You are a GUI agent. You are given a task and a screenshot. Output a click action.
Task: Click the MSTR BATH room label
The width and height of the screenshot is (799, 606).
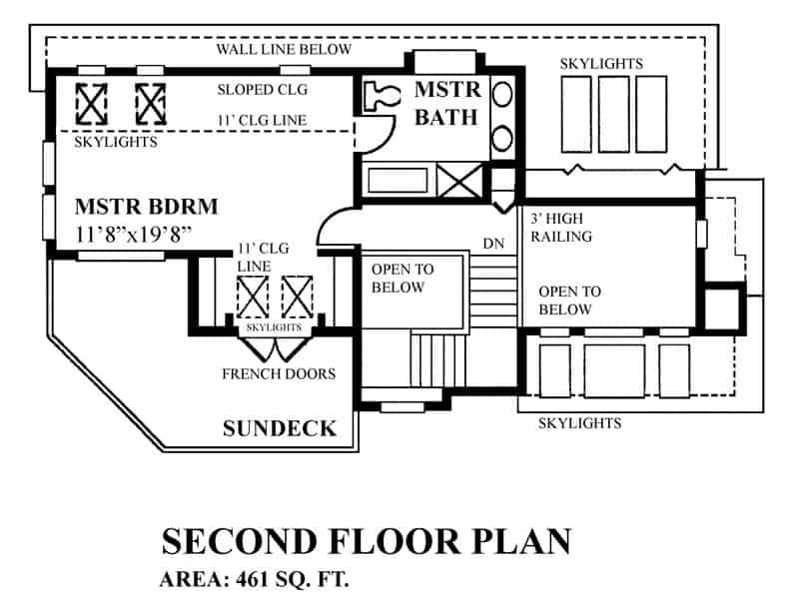point(447,104)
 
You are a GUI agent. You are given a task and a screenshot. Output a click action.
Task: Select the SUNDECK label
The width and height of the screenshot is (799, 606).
point(279,429)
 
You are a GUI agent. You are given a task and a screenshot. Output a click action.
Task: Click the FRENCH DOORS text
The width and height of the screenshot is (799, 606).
point(278,374)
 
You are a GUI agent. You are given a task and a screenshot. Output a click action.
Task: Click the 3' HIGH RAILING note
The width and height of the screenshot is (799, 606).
point(557,228)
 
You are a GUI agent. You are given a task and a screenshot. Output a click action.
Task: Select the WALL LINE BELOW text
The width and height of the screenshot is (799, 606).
point(284,49)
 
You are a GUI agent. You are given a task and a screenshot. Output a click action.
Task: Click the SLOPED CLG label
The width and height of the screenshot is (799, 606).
point(262,89)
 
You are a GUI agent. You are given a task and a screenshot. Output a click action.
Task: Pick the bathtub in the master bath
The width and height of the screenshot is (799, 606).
point(397,182)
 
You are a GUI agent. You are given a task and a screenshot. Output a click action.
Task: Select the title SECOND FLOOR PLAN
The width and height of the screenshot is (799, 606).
point(367,541)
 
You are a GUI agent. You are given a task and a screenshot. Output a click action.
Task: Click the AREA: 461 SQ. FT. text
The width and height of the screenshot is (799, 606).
point(255,579)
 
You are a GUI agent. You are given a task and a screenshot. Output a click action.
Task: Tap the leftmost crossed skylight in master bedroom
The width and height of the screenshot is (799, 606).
point(92,102)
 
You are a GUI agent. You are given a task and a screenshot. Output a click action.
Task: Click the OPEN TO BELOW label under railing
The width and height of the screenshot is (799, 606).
point(569,301)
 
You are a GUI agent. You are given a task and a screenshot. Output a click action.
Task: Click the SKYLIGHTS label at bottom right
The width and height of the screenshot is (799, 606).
point(579,423)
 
